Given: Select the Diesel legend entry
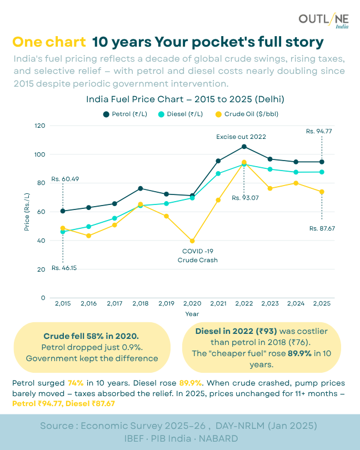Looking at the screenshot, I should point(176,114).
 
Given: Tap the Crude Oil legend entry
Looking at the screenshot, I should point(239,114).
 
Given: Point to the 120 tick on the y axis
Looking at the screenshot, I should point(39,126).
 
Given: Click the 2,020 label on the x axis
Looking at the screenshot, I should point(192,303).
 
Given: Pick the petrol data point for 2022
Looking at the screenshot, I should point(244,147).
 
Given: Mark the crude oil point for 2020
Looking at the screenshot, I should point(192,241).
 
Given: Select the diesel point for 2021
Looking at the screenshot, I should point(218,173).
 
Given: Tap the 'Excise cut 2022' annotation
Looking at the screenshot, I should point(241,136).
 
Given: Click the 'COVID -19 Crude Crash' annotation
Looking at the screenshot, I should point(197,256).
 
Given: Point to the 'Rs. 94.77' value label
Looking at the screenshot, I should point(319,131).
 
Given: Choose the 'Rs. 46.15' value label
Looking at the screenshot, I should point(64,268).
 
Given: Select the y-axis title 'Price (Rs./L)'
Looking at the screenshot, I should point(27,212).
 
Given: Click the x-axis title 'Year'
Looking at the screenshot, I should point(192,314).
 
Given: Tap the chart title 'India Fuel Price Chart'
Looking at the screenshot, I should point(186,99).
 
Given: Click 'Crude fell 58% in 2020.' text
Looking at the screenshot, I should point(91,336).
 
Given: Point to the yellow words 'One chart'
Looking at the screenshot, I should point(49,42).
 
